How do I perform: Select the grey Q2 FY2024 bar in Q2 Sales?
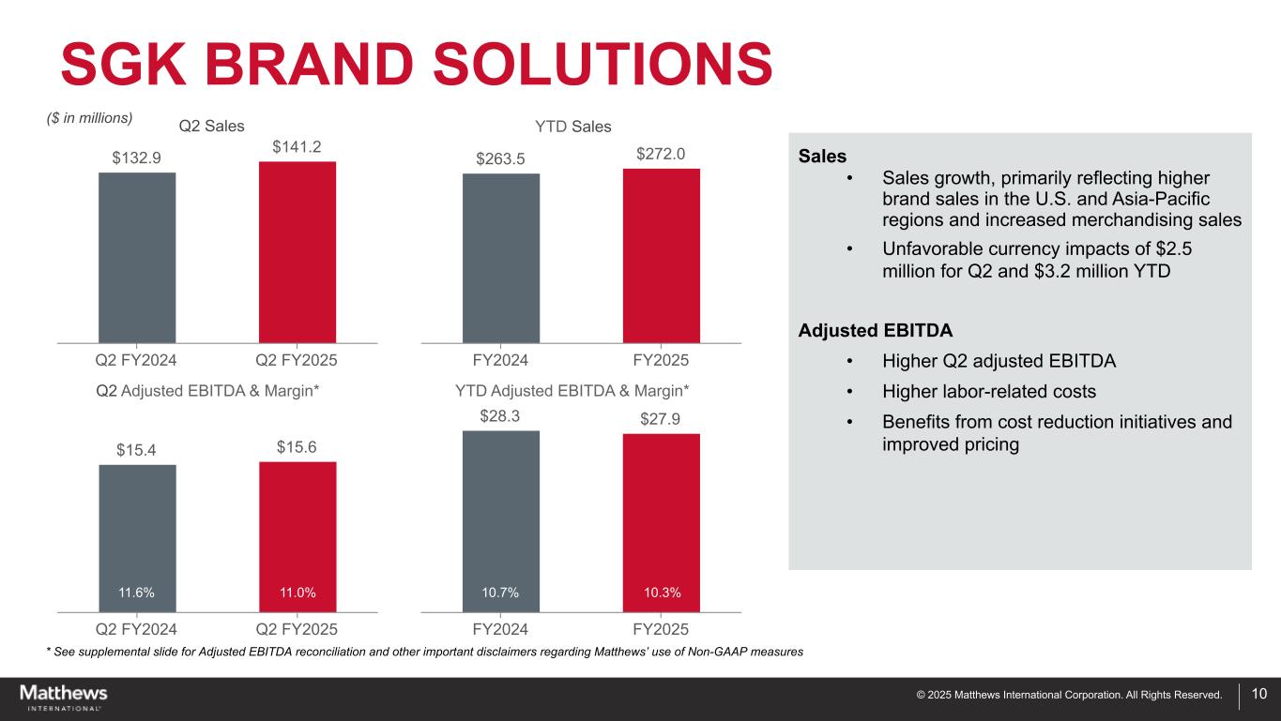(137, 257)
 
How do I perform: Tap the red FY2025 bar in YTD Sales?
(662, 255)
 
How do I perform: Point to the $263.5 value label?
(500, 158)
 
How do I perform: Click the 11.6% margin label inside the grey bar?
(137, 592)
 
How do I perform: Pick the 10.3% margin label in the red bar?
(662, 592)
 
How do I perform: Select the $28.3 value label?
(500, 415)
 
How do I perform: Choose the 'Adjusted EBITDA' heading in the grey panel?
(875, 331)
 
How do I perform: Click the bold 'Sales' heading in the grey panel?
(822, 156)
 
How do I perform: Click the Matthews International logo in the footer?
(64, 697)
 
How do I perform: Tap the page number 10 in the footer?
(1258, 695)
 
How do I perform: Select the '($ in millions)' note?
(91, 118)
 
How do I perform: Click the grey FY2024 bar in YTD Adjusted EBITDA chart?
(500, 520)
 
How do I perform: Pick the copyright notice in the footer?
(1069, 696)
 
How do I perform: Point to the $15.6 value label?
(297, 448)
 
